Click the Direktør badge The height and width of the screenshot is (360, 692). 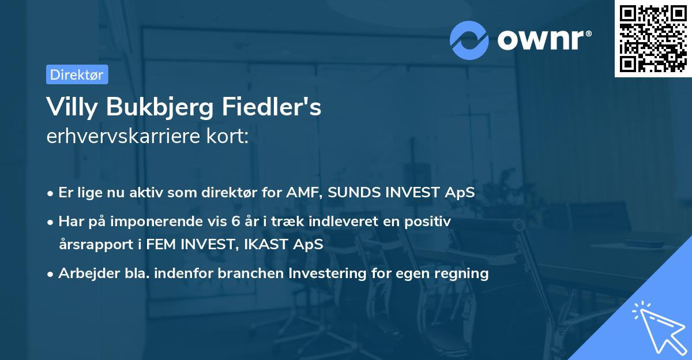tap(77, 74)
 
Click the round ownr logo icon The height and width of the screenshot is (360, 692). tap(469, 39)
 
